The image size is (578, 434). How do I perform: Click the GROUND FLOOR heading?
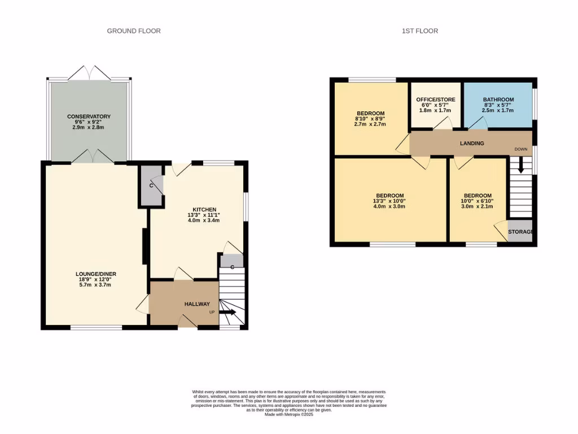[x=134, y=31]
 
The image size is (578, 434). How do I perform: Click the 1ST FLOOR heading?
[x=420, y=31]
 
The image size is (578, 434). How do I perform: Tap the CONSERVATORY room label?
[x=89, y=116]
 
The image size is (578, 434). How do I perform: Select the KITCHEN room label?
[x=204, y=210]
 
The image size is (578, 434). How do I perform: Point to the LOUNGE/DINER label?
[x=96, y=274]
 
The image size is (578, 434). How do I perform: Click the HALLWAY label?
[x=197, y=304]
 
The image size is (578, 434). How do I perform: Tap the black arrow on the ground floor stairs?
[x=228, y=312]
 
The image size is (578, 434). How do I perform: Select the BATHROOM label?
[x=498, y=99]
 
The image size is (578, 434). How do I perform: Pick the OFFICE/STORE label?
[x=436, y=99]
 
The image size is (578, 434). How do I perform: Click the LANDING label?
[x=472, y=144]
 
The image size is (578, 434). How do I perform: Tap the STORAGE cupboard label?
[x=520, y=232]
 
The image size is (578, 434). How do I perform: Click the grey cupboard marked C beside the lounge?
[x=151, y=185]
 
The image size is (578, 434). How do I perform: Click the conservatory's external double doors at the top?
[x=89, y=73]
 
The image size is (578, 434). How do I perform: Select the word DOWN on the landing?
[x=520, y=150]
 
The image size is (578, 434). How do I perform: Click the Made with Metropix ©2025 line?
[x=289, y=415]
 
